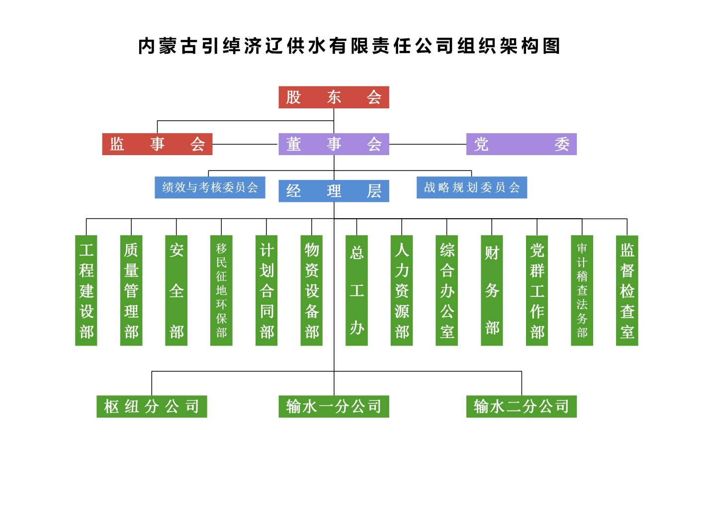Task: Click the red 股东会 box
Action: [x=334, y=97]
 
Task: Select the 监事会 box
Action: [x=157, y=144]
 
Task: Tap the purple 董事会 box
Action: [x=334, y=144]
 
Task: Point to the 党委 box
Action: [x=521, y=144]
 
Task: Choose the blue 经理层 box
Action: [x=334, y=191]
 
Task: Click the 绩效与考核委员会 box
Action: [x=210, y=187]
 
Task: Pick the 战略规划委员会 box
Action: [x=471, y=187]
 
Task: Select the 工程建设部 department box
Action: [x=86, y=290]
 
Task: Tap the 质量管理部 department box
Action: [x=131, y=290]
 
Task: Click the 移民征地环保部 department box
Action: [x=221, y=290]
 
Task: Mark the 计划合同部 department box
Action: [x=266, y=290]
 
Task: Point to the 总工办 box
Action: [x=356, y=290]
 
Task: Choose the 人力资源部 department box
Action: [x=402, y=290]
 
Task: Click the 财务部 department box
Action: [x=492, y=290]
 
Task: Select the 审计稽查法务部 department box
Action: [x=582, y=290]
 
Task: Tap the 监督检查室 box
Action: [x=627, y=290]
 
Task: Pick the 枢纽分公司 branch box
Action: [x=152, y=406]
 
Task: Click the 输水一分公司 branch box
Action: [x=334, y=406]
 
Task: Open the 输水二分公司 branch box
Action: [x=521, y=406]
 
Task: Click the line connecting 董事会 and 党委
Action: [x=428, y=145]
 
